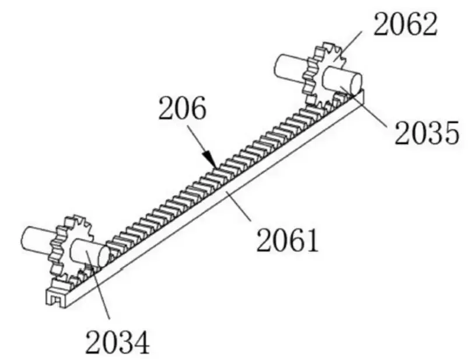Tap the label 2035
click(x=427, y=133)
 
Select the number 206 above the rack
click(x=182, y=108)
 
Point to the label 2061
click(x=288, y=239)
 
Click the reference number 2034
click(x=117, y=341)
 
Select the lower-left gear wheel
click(x=69, y=245)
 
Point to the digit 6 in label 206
click(x=196, y=108)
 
